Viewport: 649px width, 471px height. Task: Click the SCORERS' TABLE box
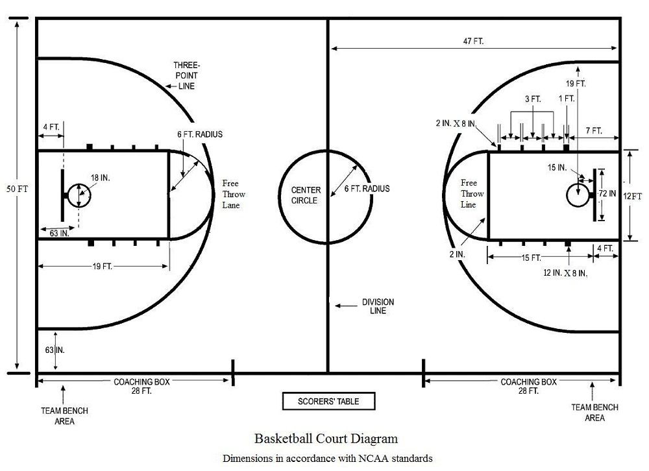pos(328,401)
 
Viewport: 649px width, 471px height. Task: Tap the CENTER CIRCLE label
pos(306,195)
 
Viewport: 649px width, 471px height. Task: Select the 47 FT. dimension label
pos(473,42)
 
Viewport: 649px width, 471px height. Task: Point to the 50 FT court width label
pos(18,189)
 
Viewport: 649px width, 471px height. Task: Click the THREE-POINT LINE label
pos(186,76)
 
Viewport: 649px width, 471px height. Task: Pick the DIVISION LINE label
pos(378,306)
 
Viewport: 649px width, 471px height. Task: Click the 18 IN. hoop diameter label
pos(100,178)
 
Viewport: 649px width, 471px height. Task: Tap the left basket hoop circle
pos(79,196)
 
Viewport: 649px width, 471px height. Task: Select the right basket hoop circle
pos(578,195)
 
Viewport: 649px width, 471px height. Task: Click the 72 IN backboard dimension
pos(607,193)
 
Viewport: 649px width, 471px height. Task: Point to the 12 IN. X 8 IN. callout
pos(565,273)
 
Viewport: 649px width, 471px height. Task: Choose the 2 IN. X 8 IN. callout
pos(456,123)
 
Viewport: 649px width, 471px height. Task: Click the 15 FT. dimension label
pos(531,258)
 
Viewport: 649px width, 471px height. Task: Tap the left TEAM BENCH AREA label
pos(64,416)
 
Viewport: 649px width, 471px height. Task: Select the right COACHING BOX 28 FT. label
pos(528,386)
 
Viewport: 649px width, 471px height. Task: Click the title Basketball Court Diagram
pos(326,439)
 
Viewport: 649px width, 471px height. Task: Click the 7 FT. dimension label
pos(594,131)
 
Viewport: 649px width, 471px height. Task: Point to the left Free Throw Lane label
pos(234,194)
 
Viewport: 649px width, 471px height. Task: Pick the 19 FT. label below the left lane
pos(103,267)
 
